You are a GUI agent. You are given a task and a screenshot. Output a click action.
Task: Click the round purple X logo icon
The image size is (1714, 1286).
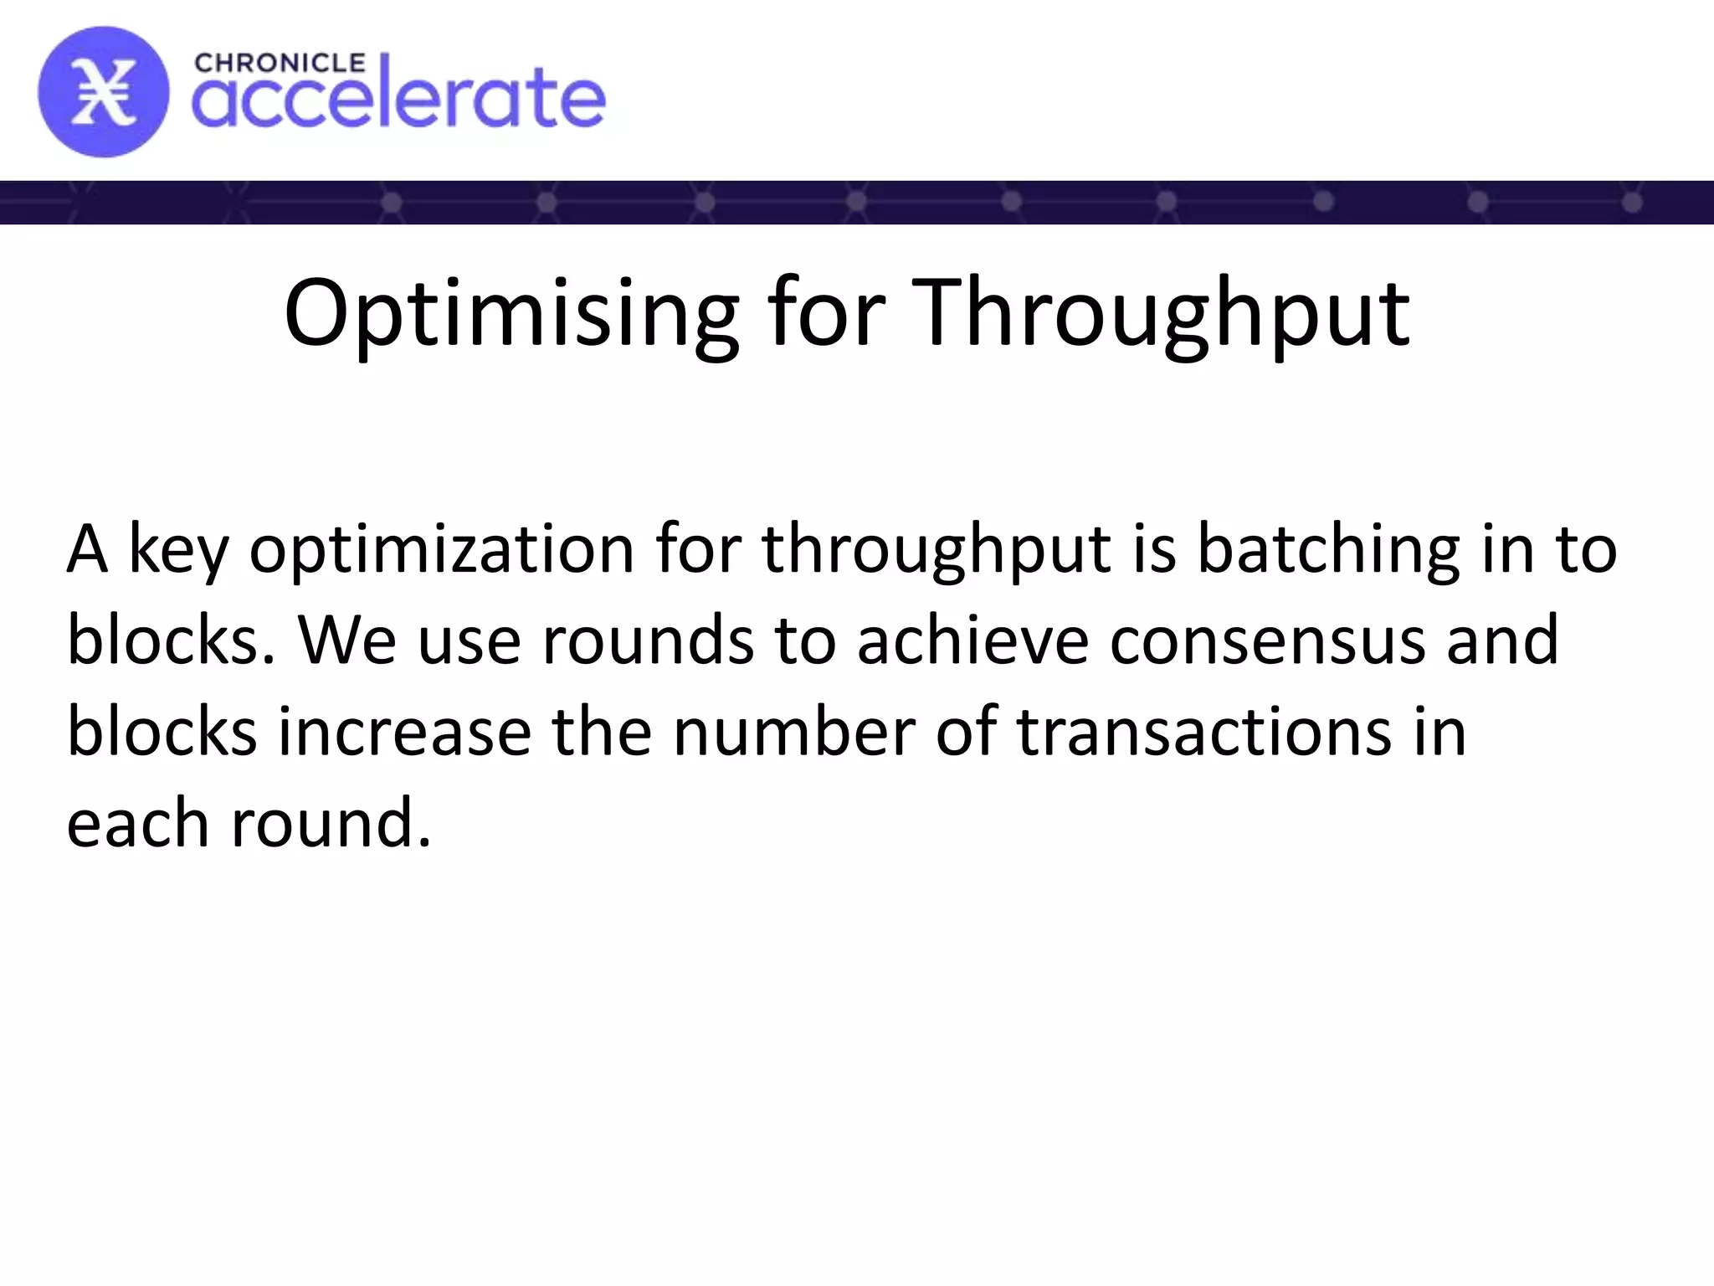103,91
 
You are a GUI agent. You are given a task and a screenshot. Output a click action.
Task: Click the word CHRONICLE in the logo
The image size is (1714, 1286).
280,63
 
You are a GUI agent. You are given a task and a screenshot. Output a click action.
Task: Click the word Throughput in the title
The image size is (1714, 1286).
1160,314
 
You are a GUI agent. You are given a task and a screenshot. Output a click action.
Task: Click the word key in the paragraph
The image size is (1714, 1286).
177,550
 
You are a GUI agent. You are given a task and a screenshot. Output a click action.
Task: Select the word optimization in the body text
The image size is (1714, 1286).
442,550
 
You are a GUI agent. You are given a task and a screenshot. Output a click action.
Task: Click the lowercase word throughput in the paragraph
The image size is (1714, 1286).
937,550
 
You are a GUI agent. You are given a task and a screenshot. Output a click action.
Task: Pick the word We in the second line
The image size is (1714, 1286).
347,640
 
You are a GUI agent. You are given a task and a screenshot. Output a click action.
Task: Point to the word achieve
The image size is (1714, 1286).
972,640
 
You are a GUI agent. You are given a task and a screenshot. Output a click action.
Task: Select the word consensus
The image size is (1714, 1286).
1267,640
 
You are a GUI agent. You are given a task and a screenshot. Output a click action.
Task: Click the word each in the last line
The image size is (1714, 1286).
137,824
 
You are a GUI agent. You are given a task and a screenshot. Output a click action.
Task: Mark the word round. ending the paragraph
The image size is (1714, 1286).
331,824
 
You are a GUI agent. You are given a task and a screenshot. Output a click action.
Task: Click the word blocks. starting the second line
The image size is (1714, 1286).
171,640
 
